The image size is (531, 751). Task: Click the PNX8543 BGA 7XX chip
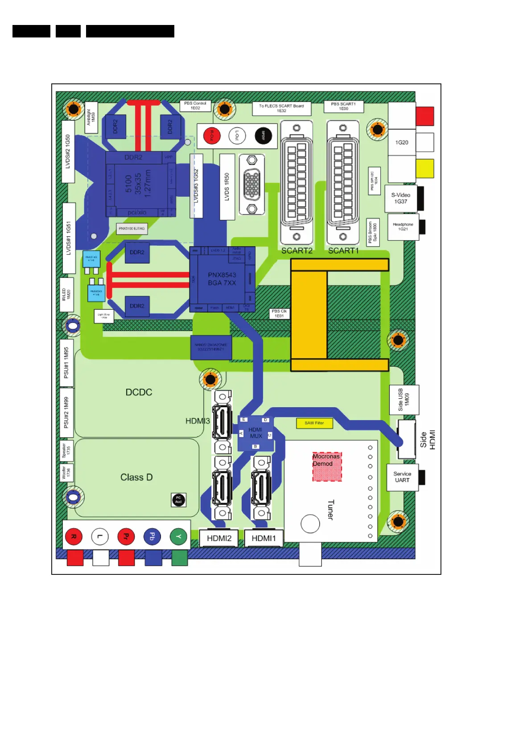tap(222, 279)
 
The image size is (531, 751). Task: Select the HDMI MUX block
tap(255, 433)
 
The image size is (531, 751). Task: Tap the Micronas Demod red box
tap(327, 466)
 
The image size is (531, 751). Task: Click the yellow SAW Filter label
tap(314, 423)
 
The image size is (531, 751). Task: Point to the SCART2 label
tap(296, 251)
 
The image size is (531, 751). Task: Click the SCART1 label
tap(343, 251)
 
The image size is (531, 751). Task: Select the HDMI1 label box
tap(263, 538)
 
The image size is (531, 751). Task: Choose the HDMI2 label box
tap(219, 538)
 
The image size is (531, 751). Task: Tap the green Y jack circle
tap(178, 536)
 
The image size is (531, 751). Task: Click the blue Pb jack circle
tap(152, 536)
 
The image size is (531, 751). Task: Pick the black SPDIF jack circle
tap(263, 136)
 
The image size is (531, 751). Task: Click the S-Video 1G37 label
tap(401, 198)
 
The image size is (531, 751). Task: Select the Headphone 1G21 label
tap(403, 227)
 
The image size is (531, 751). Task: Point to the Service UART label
tap(402, 477)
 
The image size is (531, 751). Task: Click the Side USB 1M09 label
tap(404, 400)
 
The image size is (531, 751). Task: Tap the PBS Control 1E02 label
tap(195, 106)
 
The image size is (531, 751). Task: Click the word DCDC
tap(139, 392)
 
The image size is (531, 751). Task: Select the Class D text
tap(136, 477)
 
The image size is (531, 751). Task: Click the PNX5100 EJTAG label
tap(132, 228)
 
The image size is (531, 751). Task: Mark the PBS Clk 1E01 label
tap(279, 314)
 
